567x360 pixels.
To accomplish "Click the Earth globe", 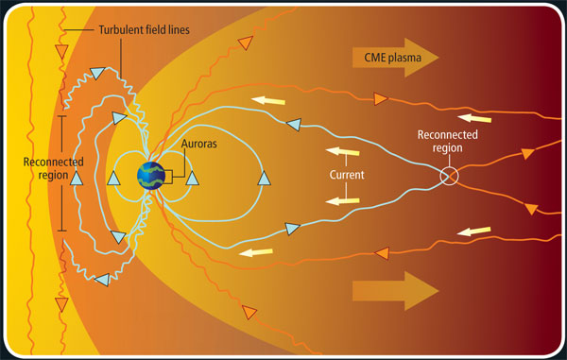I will [x=150, y=176].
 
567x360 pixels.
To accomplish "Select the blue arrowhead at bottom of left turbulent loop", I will [x=101, y=280].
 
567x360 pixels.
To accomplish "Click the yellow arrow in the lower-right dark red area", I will [x=477, y=231].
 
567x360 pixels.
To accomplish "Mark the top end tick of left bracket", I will [x=62, y=118].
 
